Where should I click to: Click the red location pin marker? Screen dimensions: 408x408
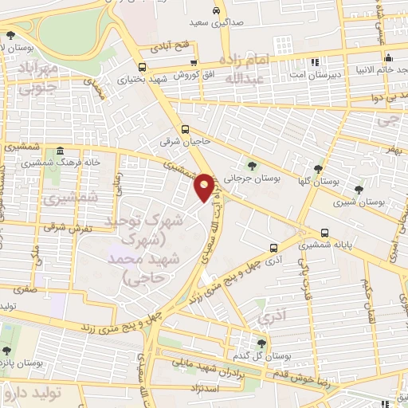point(206,187)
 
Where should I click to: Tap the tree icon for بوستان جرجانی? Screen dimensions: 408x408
point(253,166)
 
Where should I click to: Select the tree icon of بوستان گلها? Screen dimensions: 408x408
point(318,169)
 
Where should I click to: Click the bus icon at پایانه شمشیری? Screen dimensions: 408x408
point(324,233)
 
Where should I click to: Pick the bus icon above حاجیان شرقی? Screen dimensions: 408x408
point(186,129)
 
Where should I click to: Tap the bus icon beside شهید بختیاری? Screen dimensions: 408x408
point(142,67)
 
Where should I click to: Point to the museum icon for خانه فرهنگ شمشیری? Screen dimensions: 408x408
point(61,151)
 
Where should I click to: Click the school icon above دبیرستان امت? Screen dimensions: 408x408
point(316,61)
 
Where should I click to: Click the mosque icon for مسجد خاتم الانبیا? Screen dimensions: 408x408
point(388,57)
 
